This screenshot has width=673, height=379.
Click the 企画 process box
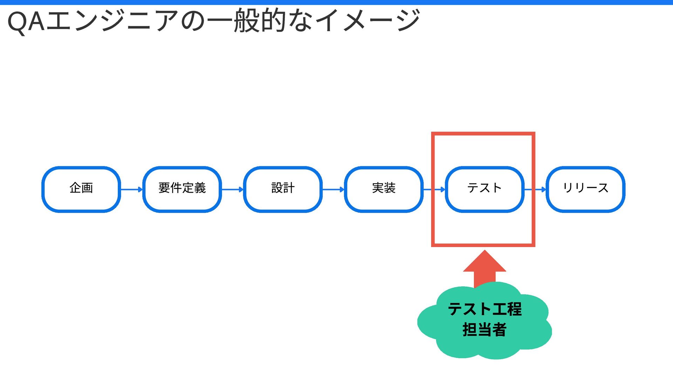pos(81,189)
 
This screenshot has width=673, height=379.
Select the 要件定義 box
pos(182,189)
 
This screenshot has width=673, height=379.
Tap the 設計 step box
pos(283,189)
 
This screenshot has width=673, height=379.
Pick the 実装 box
pos(384,189)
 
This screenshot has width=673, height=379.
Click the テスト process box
pos(484,189)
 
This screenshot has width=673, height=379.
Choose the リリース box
pos(585,189)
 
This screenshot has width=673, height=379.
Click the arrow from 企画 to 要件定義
pos(132,189)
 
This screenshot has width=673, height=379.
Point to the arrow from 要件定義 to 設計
pos(233,189)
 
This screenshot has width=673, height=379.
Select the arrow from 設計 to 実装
pos(333,189)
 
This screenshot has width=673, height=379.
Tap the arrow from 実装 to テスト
pos(434,189)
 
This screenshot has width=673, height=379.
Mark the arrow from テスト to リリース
pos(535,189)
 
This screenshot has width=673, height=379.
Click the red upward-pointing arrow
pos(484,268)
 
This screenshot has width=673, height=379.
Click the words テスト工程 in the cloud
pos(484,309)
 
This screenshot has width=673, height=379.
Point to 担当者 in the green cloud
pos(484,330)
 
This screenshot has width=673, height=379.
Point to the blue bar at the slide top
pos(336,2)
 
